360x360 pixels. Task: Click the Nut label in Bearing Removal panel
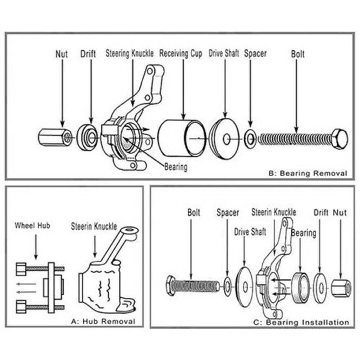pos(62,55)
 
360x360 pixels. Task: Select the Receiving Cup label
pos(181,55)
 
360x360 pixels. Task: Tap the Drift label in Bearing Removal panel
pos(89,55)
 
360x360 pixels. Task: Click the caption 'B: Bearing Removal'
pos(306,174)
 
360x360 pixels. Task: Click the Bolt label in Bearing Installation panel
pos(194,212)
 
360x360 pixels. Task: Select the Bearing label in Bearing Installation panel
pos(303,233)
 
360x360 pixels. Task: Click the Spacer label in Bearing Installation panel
pos(227,212)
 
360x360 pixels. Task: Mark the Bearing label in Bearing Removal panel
pos(176,167)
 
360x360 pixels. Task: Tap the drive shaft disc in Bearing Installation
pos(245,284)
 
